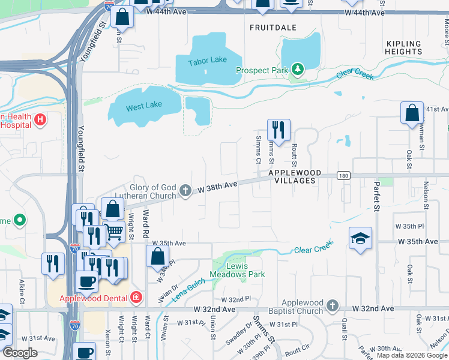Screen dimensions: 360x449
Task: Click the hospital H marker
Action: click(x=40, y=119)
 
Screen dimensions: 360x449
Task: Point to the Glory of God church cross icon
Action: click(x=185, y=192)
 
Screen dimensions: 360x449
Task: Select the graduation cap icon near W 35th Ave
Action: click(x=360, y=239)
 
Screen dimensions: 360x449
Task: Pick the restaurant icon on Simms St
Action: click(x=279, y=130)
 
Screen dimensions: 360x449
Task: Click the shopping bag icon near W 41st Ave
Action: click(x=412, y=114)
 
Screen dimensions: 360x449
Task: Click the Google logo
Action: click(x=20, y=353)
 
